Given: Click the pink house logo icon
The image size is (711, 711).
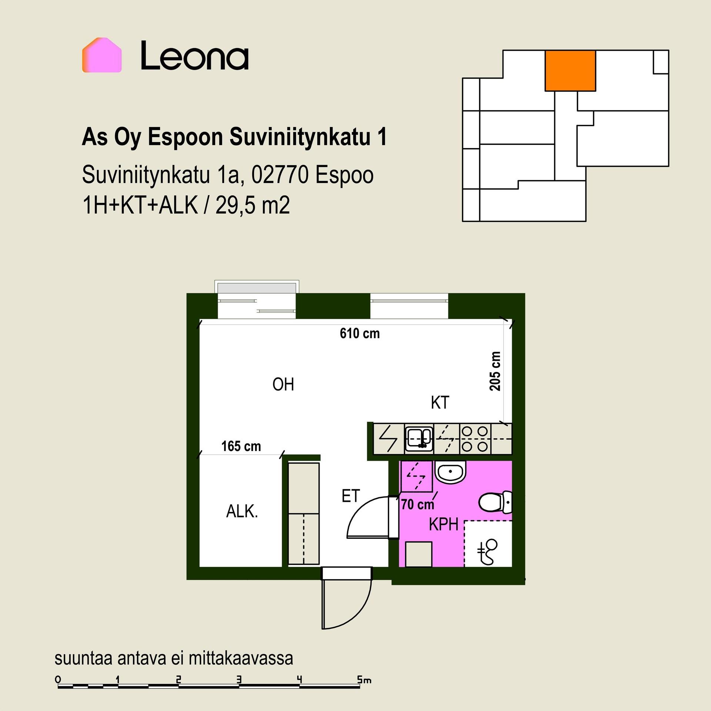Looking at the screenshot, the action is coord(102,55).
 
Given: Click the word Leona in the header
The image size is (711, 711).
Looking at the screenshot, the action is coord(195,56).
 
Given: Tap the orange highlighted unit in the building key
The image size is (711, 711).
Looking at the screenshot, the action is coord(570,71).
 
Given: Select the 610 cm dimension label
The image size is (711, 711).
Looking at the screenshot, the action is coord(360,333).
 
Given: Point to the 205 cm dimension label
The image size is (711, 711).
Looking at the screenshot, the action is coord(495,371).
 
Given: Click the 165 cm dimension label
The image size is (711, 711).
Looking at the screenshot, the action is coord(241,446).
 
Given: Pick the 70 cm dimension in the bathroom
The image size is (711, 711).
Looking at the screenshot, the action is coord(417,504).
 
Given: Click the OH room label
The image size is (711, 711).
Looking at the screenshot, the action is coord(283,385).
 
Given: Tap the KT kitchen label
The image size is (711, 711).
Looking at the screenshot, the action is coord(440,403).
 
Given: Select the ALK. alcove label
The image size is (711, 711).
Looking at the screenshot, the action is coord(242,511).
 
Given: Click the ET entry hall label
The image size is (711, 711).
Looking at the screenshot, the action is coord(350,496).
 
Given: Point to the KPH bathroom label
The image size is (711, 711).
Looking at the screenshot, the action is coord(444,524).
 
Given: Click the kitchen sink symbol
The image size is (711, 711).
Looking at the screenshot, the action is coord(419,439).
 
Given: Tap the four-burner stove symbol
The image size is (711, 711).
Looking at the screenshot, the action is coord(475,439).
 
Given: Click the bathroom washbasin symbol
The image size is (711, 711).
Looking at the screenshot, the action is coord(450,472).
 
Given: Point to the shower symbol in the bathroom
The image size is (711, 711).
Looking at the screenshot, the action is coord(488,552).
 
